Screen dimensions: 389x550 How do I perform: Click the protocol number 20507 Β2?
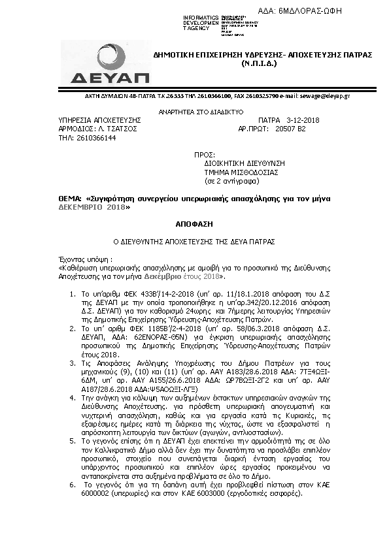[291, 129]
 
